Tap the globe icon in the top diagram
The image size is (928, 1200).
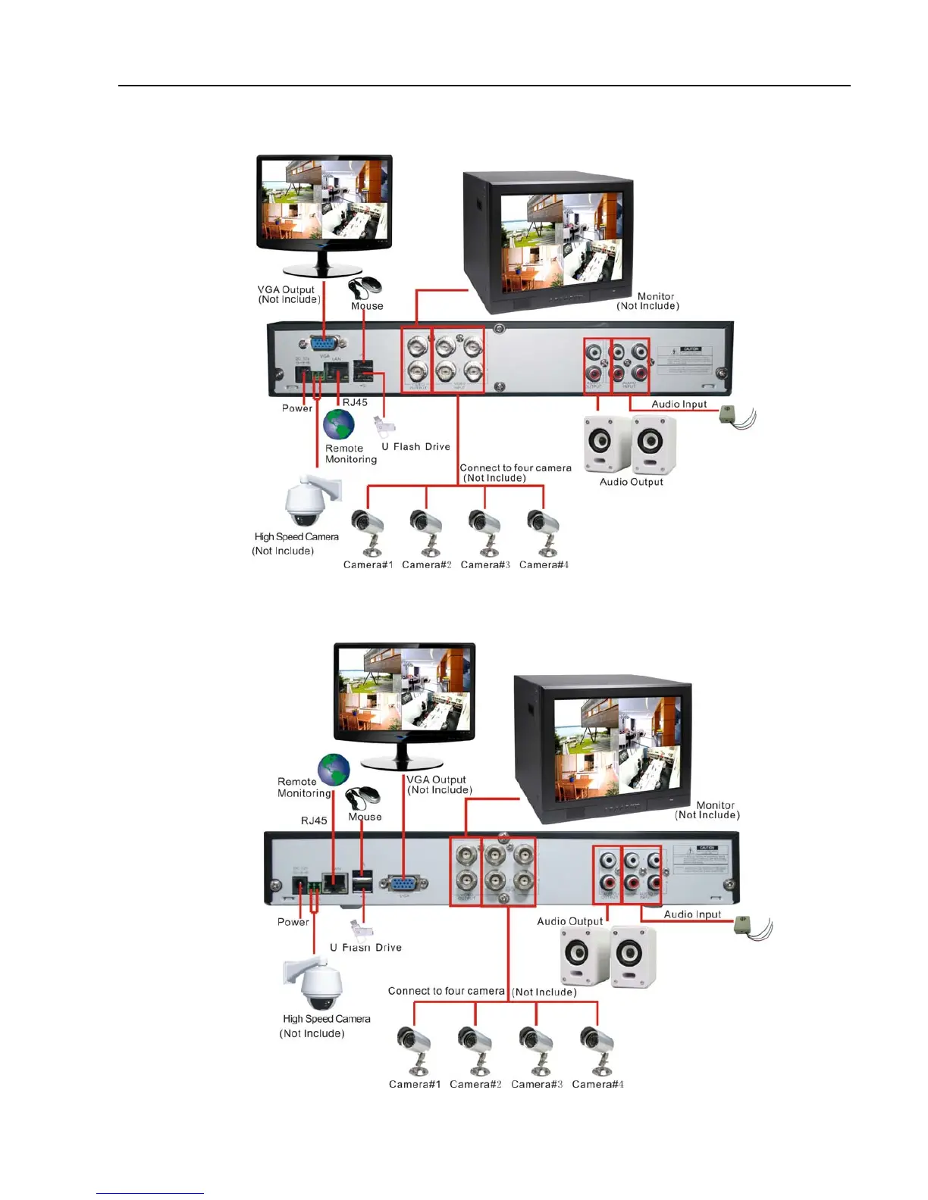coord(339,425)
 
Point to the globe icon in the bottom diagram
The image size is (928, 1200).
coord(334,770)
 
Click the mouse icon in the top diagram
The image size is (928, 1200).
coord(366,287)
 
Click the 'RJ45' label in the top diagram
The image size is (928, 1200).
coord(355,402)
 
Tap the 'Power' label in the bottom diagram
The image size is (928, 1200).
coord(293,922)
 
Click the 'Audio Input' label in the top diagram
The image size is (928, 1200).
coord(679,404)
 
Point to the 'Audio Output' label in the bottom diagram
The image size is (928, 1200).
coord(569,921)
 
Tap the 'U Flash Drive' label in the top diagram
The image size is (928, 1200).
coord(415,447)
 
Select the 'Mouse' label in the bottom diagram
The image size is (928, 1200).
coord(365,817)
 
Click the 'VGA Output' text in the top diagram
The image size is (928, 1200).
coord(286,289)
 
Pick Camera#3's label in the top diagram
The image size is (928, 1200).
coord(485,564)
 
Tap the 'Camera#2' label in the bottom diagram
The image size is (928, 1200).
coord(475,1084)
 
